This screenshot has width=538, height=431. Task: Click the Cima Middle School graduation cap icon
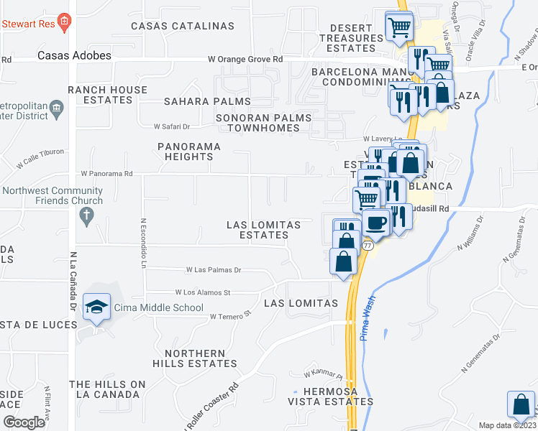point(96,307)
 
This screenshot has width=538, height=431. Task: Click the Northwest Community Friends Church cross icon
point(86,215)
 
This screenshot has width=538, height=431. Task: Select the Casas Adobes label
point(74,55)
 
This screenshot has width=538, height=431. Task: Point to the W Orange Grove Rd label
point(245,60)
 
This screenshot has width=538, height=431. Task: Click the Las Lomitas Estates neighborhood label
point(263,230)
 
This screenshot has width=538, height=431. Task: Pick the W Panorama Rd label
point(106,174)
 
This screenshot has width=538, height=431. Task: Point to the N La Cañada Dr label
point(73,281)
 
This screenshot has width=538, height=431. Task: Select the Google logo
point(24,422)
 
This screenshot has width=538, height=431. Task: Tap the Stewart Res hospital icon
point(65,22)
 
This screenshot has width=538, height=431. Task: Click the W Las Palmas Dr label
point(213,270)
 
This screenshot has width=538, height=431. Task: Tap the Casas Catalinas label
point(183,26)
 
